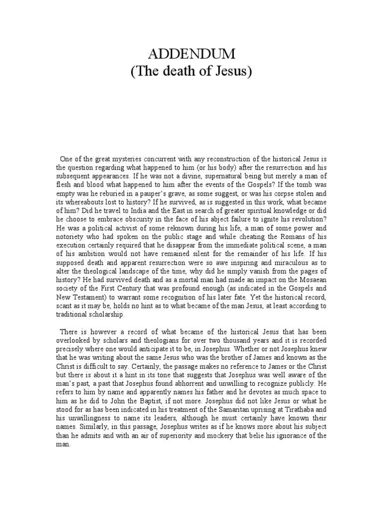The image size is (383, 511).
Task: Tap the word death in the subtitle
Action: pos(179,71)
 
